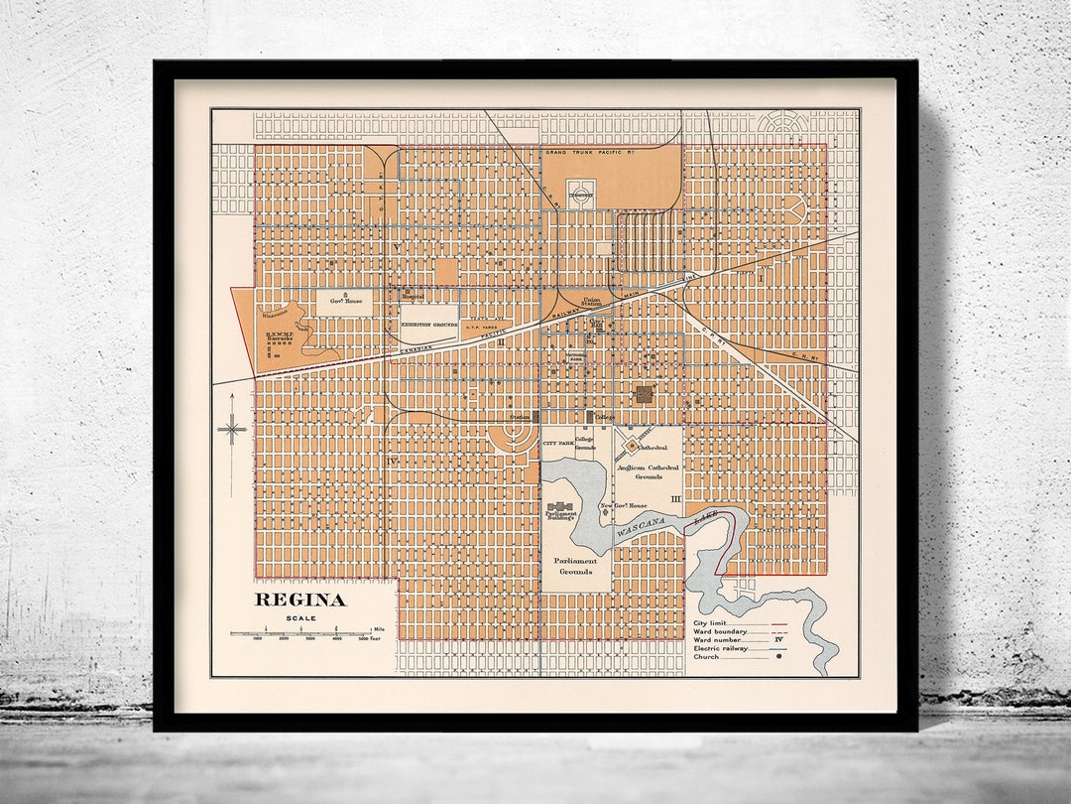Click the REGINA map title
300,600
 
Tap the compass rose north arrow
232,429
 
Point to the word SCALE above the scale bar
301,618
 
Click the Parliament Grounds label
575,566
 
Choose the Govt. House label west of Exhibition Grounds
346,300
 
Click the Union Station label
591,301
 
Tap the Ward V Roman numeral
396,247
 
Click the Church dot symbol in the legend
778,656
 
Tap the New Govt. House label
622,506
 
